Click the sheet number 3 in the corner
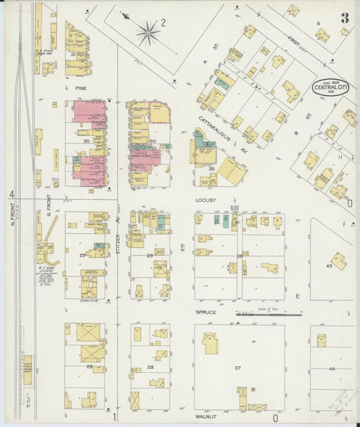[345, 18]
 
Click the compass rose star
[148, 31]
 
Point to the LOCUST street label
[205, 201]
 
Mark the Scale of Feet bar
[269, 313]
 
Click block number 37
[238, 368]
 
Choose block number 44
[332, 369]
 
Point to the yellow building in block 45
[338, 260]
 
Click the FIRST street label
[293, 44]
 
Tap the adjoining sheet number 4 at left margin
[11, 195]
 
